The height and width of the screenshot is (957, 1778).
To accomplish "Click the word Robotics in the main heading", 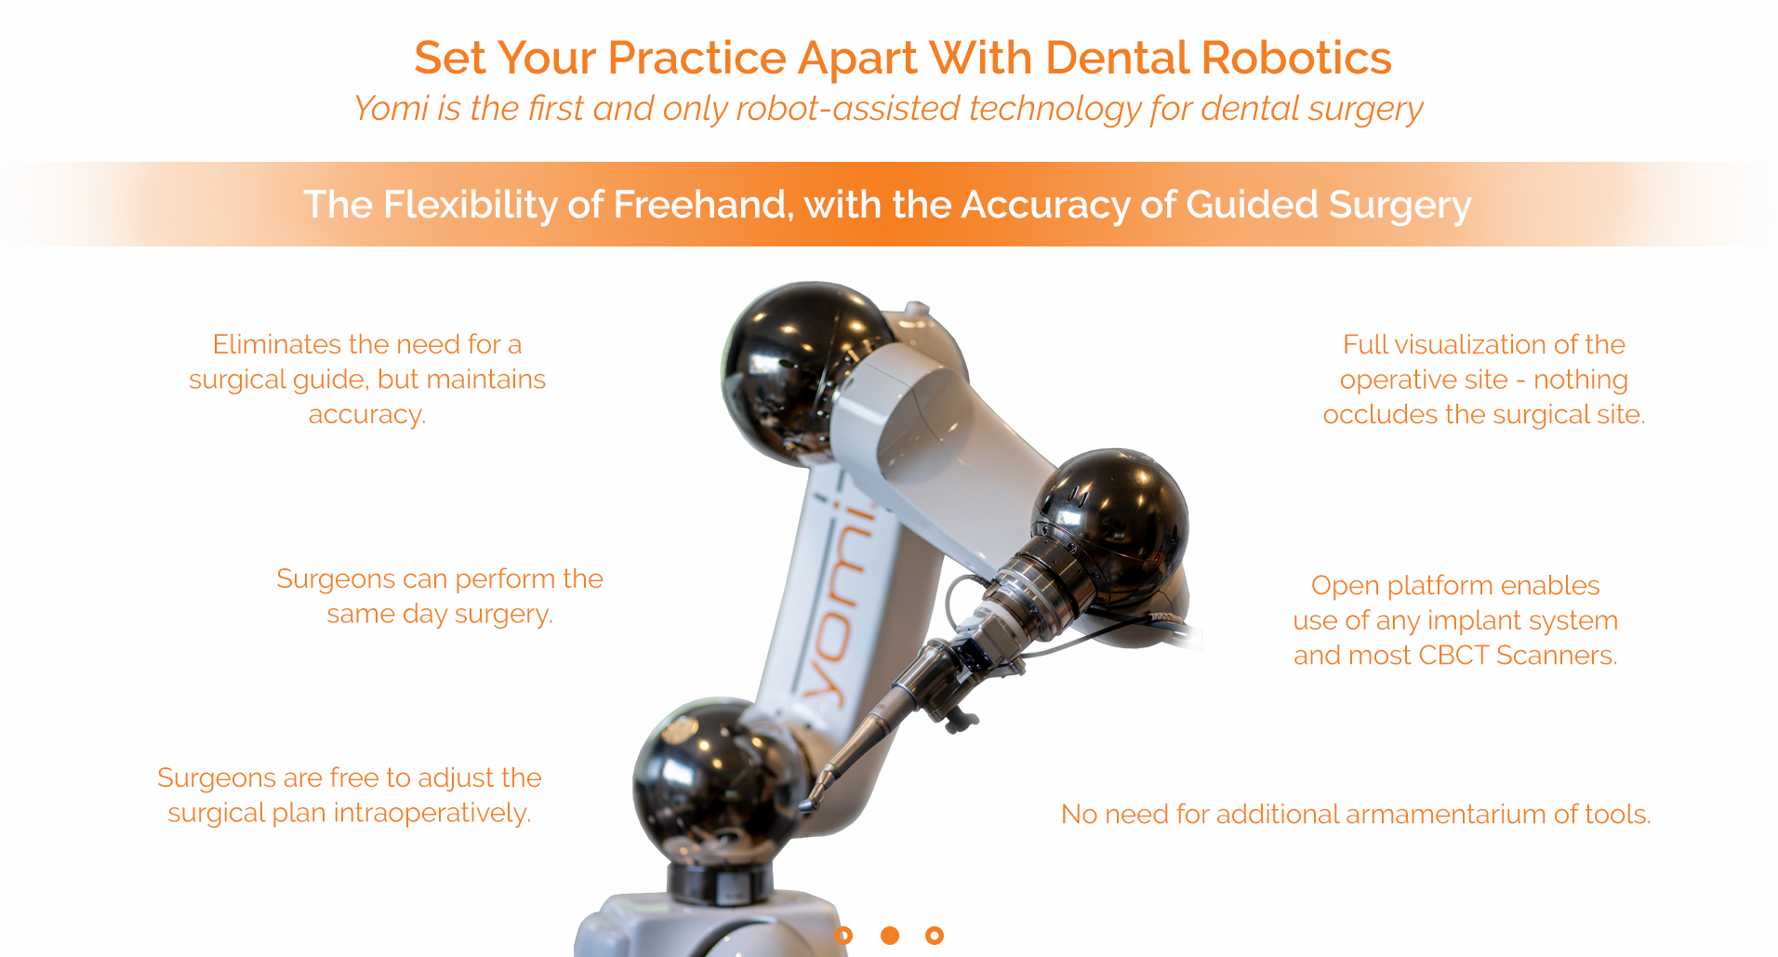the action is (x=1296, y=58).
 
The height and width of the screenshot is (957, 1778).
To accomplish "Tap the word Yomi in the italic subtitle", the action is (x=391, y=109).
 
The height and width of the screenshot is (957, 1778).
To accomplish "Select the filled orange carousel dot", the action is (x=890, y=936).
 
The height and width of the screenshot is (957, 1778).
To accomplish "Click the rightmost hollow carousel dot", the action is (x=935, y=936).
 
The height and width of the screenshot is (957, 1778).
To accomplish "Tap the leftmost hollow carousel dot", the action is (x=843, y=936).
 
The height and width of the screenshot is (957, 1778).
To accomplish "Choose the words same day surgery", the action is (x=440, y=615).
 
